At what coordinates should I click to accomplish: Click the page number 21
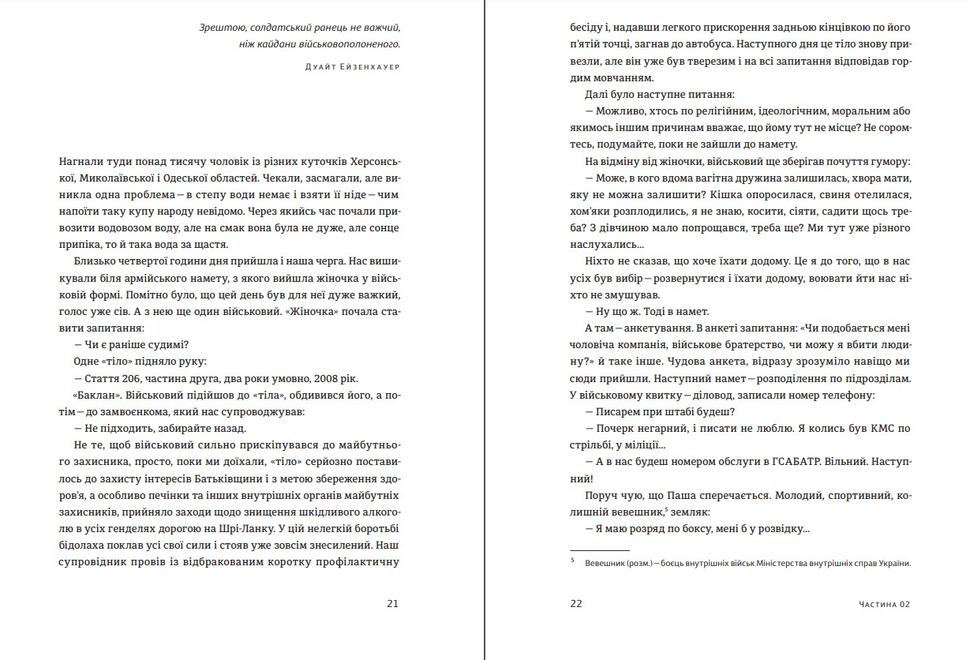click(x=392, y=604)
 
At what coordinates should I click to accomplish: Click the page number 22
click(x=575, y=604)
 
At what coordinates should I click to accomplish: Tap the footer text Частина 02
click(x=884, y=605)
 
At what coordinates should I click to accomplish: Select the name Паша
click(x=691, y=496)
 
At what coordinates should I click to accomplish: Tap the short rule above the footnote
click(x=599, y=549)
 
